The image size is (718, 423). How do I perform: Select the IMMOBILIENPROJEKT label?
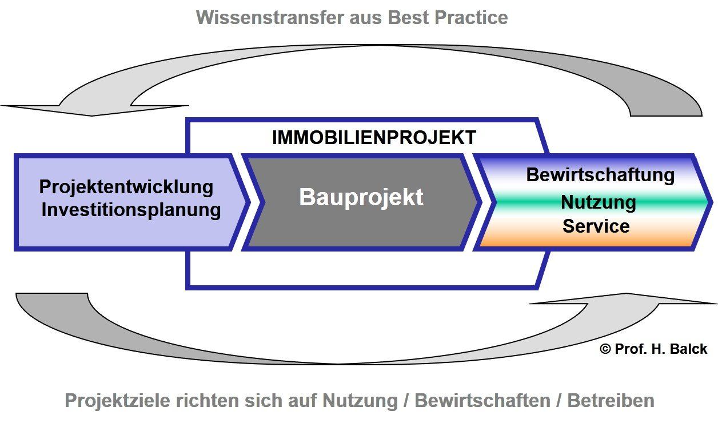point(374,138)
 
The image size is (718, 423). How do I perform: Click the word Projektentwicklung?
point(126,187)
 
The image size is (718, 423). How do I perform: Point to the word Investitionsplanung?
point(131,210)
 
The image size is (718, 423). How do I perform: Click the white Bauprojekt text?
point(361,197)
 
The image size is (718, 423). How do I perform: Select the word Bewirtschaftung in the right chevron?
point(600,175)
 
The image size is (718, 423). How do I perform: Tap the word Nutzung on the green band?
point(598,202)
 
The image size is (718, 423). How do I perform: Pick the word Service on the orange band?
point(596,226)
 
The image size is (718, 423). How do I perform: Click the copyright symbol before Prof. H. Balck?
point(605,349)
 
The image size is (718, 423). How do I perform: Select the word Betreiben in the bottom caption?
point(611,401)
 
